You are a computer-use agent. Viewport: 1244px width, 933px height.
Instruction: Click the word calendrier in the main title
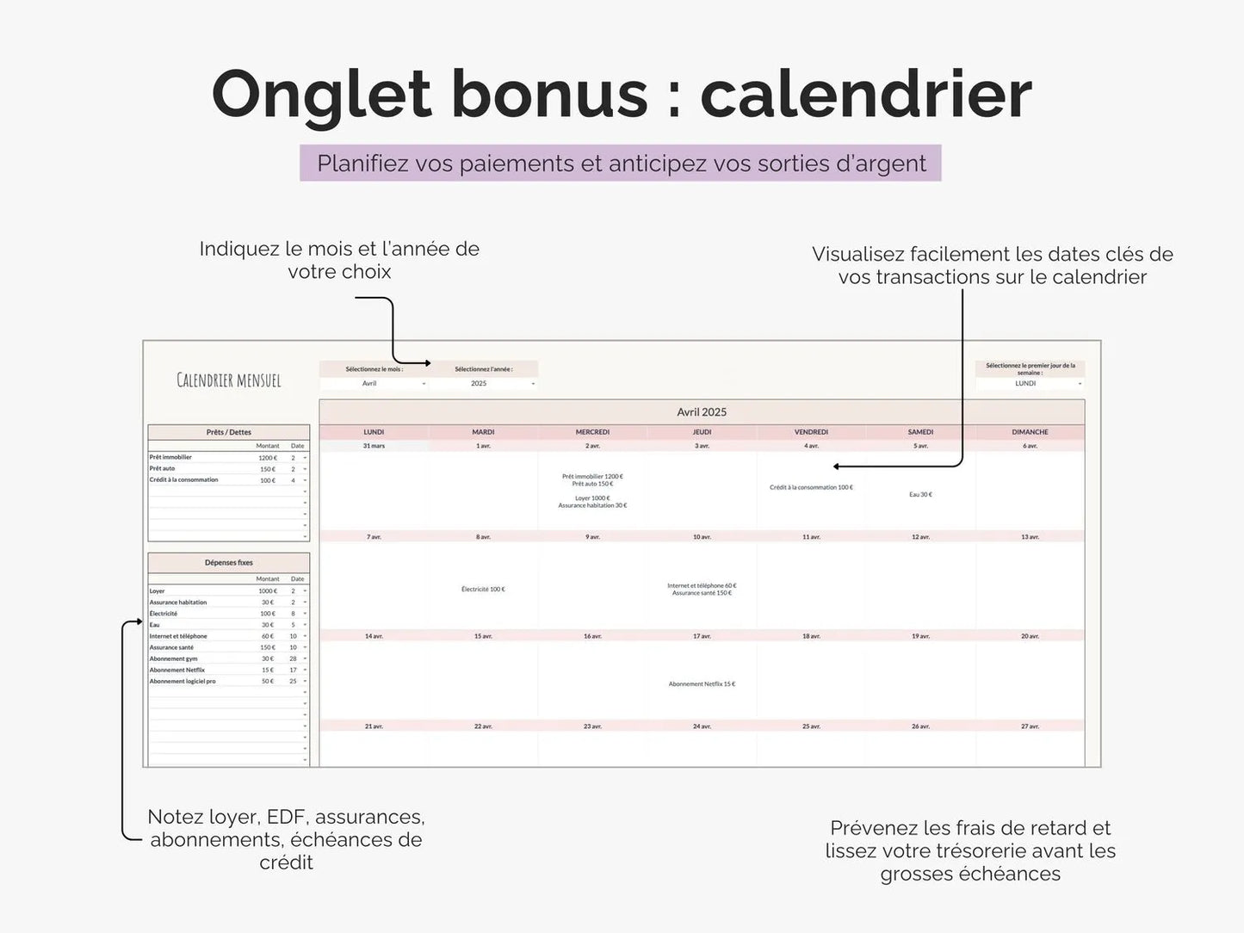865,94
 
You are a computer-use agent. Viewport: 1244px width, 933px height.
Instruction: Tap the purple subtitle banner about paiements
620,164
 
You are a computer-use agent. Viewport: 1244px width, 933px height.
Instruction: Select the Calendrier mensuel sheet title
229,380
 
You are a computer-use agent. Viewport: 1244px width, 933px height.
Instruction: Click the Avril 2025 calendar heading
702,412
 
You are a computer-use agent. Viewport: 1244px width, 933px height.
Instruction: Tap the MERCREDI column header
592,432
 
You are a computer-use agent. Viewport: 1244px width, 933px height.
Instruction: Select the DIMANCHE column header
1030,432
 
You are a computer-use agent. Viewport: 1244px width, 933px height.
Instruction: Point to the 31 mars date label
374,446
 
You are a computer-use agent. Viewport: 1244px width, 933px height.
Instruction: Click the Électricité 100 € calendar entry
483,590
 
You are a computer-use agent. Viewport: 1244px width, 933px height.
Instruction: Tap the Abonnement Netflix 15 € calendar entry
702,684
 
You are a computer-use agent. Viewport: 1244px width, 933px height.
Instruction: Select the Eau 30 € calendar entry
920,495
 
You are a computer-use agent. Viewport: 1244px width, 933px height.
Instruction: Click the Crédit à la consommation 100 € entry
811,488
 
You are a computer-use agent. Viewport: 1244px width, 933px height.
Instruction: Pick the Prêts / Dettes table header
229,432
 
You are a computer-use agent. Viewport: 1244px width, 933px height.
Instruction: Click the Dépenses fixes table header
229,563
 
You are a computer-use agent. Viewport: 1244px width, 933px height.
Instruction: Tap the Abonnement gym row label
174,658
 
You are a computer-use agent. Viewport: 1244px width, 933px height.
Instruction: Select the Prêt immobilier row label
171,457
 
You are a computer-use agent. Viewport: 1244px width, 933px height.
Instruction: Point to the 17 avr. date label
702,637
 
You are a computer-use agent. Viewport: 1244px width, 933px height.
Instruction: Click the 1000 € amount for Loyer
267,591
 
